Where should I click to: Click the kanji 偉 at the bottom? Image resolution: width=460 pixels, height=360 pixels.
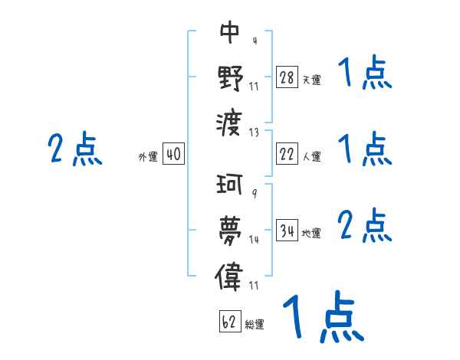pos(230,273)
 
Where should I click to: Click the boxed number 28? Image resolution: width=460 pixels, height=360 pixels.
pos(287,77)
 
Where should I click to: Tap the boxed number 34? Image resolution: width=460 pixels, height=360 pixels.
pos(287,231)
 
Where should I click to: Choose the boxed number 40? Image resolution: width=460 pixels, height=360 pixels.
pos(173,155)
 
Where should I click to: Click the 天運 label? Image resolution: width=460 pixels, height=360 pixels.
pos(311,80)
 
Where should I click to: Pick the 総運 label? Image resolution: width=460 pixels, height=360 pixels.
pos(255,325)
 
